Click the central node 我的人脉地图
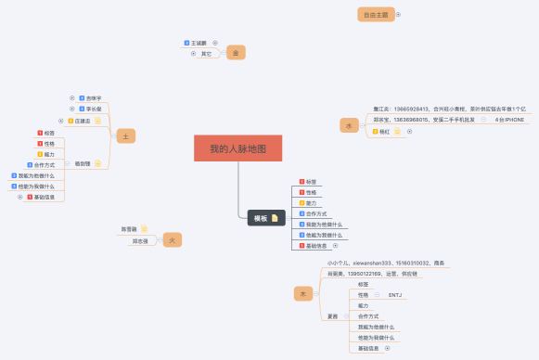[237, 148]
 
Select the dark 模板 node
[259, 218]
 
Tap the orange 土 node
[125, 135]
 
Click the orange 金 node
[237, 54]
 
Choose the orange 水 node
[349, 124]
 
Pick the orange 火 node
[168, 238]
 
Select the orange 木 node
[302, 293]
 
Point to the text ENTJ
[395, 295]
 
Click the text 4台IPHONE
[509, 120]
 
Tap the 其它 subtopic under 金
[206, 54]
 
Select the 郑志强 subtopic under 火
[141, 241]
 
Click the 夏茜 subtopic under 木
[332, 316]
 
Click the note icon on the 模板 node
[274, 218]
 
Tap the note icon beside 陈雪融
[144, 228]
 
